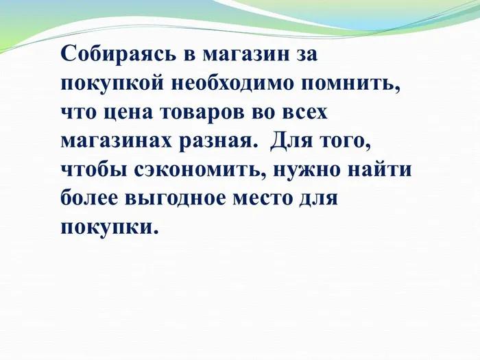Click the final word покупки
coord(108,227)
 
